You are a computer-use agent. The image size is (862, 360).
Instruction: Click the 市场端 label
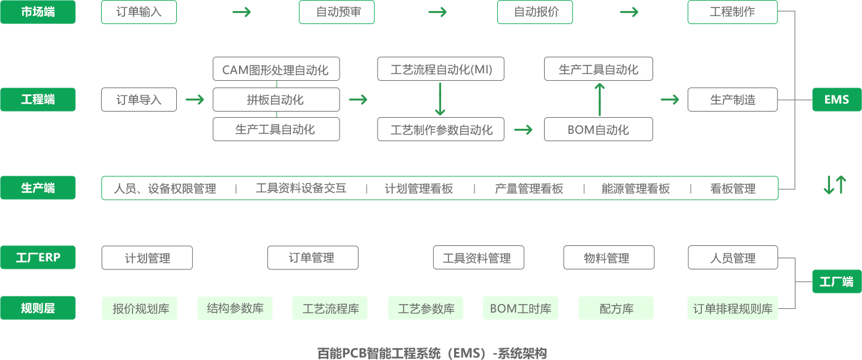point(38,12)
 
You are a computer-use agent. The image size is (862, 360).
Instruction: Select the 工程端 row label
point(38,99)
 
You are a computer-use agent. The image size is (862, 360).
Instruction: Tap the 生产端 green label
point(38,188)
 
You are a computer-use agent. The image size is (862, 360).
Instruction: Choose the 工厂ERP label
point(38,258)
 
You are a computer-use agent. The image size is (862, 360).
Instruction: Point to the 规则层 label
point(38,308)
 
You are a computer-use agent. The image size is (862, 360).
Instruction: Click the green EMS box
point(836,99)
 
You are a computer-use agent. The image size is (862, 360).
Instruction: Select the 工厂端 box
point(836,282)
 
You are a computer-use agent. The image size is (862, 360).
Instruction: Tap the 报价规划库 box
point(139,309)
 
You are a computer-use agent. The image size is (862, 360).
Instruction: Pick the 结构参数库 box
point(235,308)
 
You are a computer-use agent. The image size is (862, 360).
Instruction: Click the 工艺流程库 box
point(330,308)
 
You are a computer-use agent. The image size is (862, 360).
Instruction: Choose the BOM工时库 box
point(520,308)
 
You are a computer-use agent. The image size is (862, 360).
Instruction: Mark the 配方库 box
point(616,308)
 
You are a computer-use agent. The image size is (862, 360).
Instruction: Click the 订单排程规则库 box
point(733,308)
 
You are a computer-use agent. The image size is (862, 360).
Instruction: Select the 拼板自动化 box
point(275,99)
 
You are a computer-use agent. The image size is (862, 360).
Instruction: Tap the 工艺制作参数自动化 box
point(441,129)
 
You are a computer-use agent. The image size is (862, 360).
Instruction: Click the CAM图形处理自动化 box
point(275,69)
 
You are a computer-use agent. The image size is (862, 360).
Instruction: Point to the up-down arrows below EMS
point(836,185)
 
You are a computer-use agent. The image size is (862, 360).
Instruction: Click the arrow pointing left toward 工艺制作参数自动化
point(523,129)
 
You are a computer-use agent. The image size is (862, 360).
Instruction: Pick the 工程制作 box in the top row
point(732,12)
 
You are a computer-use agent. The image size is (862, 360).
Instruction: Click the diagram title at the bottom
point(431,353)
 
